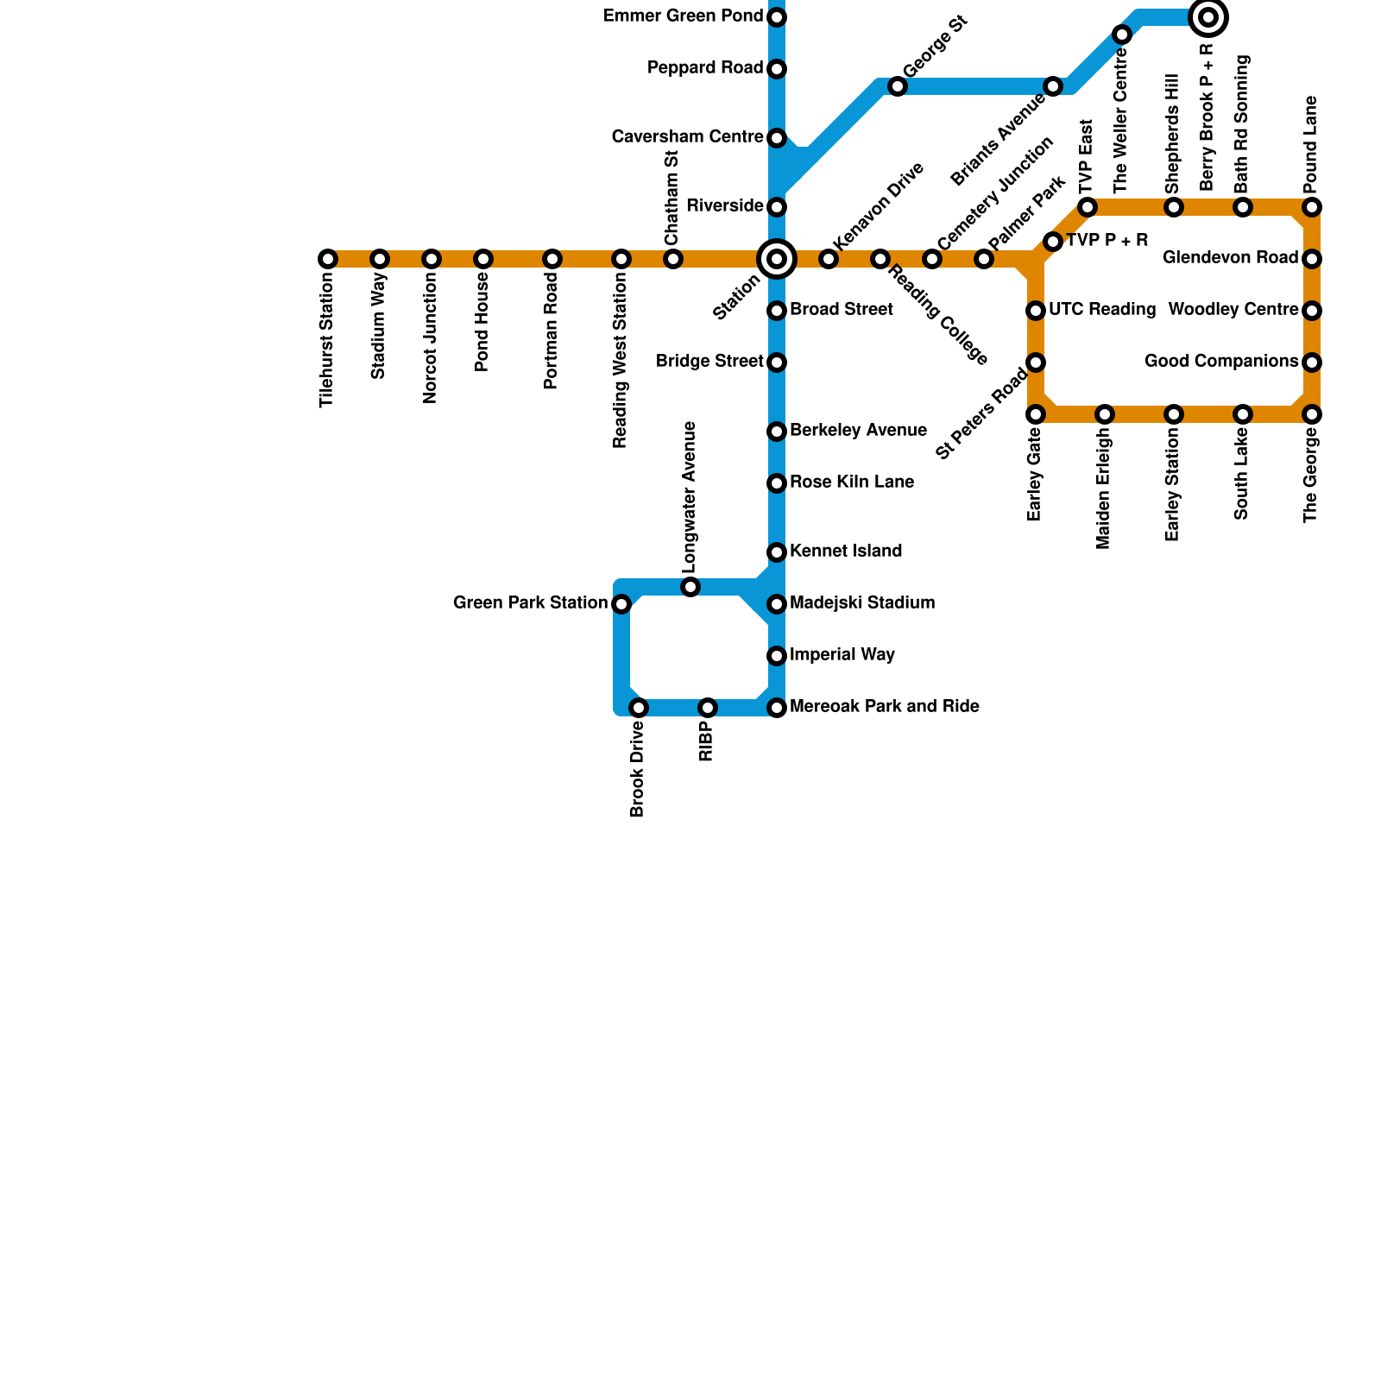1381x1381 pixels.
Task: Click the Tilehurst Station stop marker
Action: click(328, 259)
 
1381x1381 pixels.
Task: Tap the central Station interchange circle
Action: click(777, 259)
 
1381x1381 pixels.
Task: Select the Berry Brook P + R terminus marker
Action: click(1208, 17)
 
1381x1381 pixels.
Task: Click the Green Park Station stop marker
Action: click(621, 604)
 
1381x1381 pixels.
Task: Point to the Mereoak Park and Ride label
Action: click(884, 707)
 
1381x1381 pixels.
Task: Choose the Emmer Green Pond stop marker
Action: click(777, 17)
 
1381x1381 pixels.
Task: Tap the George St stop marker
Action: click(898, 86)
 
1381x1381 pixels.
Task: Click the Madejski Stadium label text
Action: click(861, 603)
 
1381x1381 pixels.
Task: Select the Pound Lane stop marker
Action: click(1312, 207)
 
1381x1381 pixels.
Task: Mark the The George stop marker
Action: click(1312, 414)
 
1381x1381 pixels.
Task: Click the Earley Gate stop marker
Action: click(1036, 414)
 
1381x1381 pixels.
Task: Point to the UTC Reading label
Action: click(1101, 310)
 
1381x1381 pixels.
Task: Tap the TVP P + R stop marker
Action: click(1053, 242)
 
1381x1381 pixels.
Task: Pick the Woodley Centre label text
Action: click(1233, 310)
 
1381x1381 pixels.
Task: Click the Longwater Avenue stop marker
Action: click(690, 587)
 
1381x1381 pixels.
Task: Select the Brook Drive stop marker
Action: click(639, 708)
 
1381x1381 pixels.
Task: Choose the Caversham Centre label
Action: click(687, 137)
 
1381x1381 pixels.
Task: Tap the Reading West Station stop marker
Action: click(621, 259)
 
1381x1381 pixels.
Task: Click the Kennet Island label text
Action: click(845, 552)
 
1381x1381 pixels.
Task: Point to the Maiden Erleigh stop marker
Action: click(1105, 414)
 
